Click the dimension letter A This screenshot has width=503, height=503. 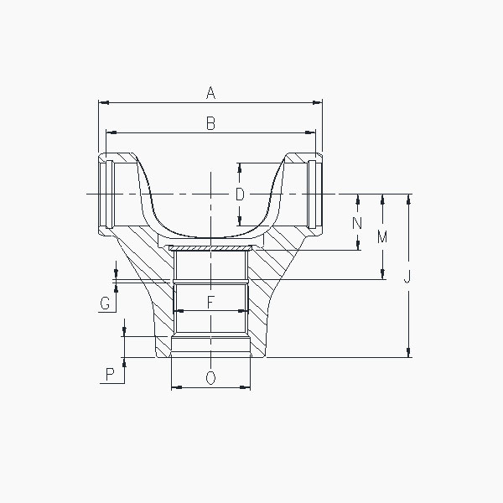click(210, 93)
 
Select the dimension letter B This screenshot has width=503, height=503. click(210, 123)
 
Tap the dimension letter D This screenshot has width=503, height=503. click(240, 194)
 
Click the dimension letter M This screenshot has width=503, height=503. click(382, 237)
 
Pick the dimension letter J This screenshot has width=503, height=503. click(407, 277)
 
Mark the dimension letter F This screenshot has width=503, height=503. click(210, 300)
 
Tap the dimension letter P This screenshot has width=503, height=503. click(110, 374)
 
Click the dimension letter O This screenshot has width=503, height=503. click(210, 378)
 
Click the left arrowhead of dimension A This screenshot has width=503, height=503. click(102, 103)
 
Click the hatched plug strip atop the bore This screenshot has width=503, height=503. click(210, 248)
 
